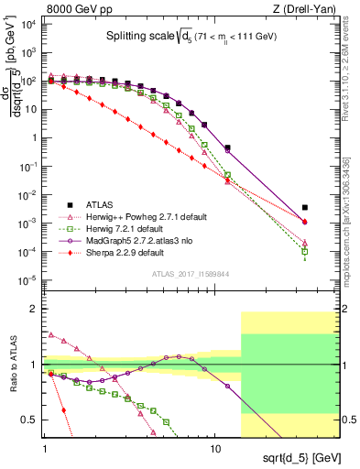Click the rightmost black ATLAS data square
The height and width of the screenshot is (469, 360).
pyautogui.click(x=305, y=208)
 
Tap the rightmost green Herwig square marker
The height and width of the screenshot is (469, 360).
pyautogui.click(x=305, y=251)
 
